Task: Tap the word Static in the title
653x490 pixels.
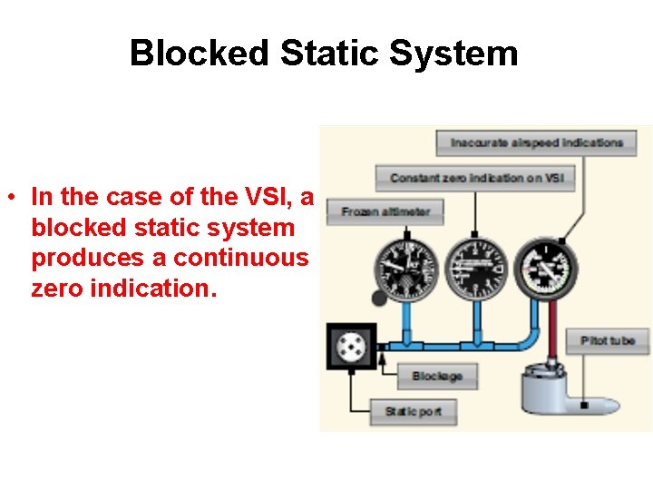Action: coord(330,53)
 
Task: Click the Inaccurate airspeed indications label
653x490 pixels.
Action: coord(537,142)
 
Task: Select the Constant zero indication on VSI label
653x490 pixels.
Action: coord(476,178)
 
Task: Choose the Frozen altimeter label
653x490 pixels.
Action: coord(385,212)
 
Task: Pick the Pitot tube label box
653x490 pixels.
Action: coord(608,341)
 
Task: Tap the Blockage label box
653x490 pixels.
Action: coord(437,376)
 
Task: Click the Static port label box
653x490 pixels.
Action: coord(414,412)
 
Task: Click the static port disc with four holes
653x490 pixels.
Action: coord(350,346)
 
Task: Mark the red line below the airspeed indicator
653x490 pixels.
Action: coord(546,327)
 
